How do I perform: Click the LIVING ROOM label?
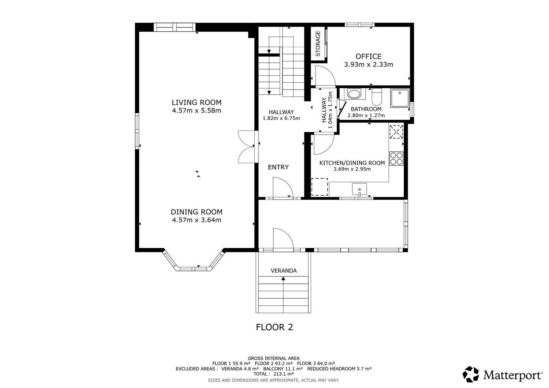coord(196,102)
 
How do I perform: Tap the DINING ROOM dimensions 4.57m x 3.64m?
coord(197,220)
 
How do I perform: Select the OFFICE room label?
coord(368,57)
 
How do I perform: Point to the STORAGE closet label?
coord(318,44)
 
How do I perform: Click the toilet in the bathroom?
coord(377,97)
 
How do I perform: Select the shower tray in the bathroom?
coord(400,98)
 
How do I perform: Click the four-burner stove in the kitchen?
coord(396,158)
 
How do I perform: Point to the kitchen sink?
coord(359,189)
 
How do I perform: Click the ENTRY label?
coord(278,167)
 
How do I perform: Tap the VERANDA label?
coord(284,271)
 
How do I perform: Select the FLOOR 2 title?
coord(274,327)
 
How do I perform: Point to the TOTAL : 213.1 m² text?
coord(273,374)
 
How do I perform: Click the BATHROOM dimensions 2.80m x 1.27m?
coord(366,115)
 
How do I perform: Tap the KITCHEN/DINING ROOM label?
coord(352,163)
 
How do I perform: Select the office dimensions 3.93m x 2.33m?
coord(368,64)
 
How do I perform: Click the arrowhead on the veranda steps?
coord(283,278)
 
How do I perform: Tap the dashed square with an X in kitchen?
coord(396,132)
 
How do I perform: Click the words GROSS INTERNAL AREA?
coord(273,358)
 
